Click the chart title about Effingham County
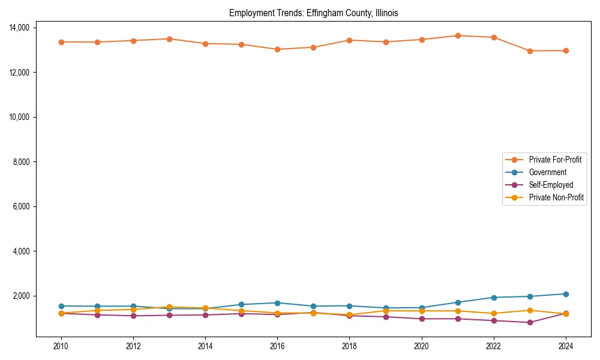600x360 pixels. (x=313, y=13)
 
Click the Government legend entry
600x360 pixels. (x=547, y=172)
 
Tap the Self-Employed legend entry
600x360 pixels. (x=551, y=185)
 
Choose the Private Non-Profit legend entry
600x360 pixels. (x=556, y=197)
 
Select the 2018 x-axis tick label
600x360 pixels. (x=349, y=346)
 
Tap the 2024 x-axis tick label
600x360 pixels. (x=566, y=346)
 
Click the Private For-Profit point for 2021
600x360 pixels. (x=458, y=35)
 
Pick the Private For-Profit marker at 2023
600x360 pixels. (x=530, y=51)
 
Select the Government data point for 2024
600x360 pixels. (x=566, y=294)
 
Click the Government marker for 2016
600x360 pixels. (x=277, y=303)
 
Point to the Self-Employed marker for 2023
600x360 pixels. (x=530, y=323)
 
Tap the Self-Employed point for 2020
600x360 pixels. (x=422, y=319)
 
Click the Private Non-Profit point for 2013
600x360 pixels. (x=169, y=307)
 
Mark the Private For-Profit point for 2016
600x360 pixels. (x=277, y=49)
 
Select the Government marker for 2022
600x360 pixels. (x=494, y=298)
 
